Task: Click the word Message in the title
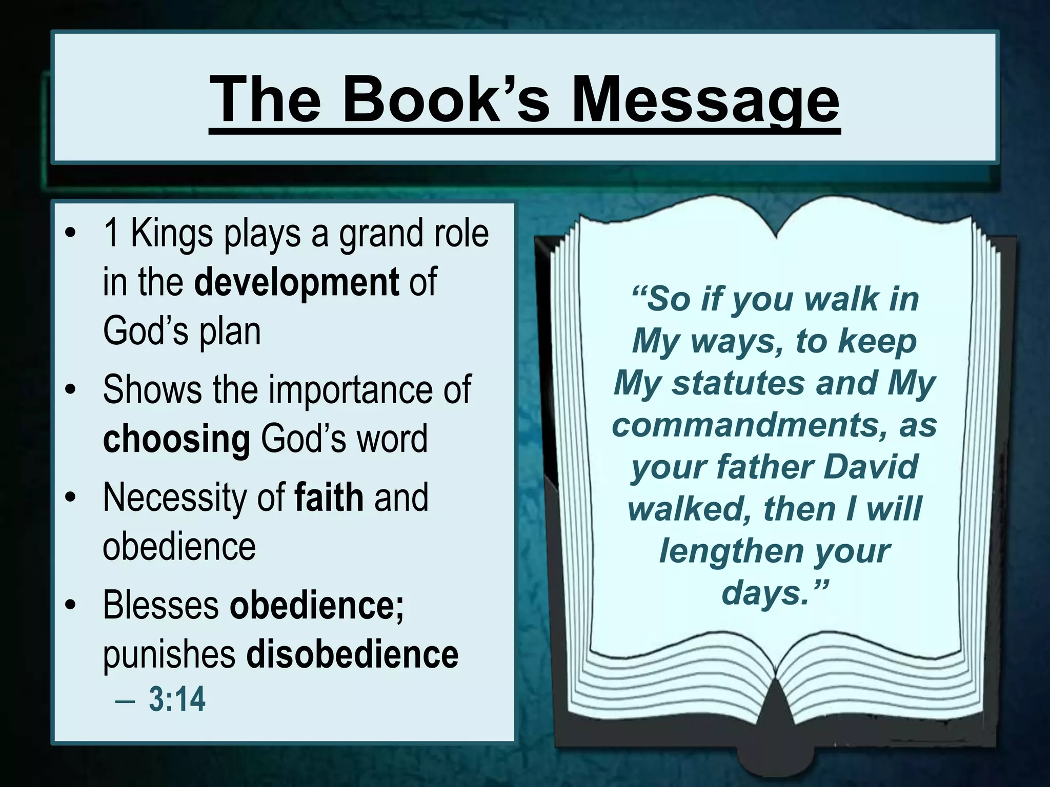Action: [705, 100]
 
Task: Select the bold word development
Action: [296, 282]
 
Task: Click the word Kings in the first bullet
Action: [172, 233]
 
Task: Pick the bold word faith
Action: [329, 497]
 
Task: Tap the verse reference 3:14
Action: [177, 699]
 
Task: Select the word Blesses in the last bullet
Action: [161, 605]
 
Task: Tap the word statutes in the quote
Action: [738, 383]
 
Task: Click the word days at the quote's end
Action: [763, 593]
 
